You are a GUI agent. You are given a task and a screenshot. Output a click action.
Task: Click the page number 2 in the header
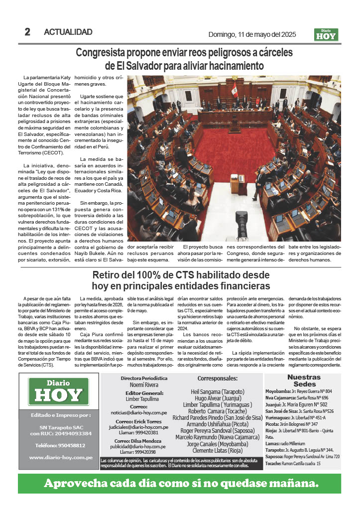pyautogui.click(x=27, y=32)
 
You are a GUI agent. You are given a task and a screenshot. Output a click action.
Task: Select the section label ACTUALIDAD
pyautogui.click(x=68, y=32)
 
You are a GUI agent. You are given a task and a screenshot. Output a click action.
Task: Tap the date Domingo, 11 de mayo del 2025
pyautogui.click(x=252, y=34)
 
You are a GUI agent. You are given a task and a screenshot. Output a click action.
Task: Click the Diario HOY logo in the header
pyautogui.click(x=326, y=34)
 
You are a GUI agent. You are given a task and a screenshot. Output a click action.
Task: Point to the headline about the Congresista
pyautogui.click(x=184, y=59)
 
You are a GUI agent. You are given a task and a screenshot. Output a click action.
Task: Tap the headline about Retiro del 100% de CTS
pyautogui.click(x=181, y=280)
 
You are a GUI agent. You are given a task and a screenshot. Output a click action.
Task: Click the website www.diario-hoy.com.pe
pyautogui.click(x=60, y=457)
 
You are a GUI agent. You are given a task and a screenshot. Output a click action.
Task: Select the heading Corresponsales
pyautogui.click(x=218, y=378)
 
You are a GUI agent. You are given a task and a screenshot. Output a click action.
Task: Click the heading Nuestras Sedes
pyautogui.click(x=304, y=381)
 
